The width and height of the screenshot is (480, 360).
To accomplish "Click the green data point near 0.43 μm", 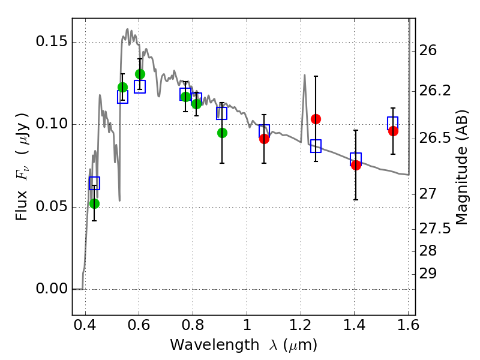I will click(94, 203).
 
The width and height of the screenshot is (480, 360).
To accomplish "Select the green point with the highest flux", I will click(140, 74).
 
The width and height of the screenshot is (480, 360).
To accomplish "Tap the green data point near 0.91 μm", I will click(222, 133).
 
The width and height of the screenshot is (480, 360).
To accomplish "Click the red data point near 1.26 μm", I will click(316, 119).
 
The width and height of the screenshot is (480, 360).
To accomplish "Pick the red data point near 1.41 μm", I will click(356, 165).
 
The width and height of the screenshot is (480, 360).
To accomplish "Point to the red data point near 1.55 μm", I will click(393, 131).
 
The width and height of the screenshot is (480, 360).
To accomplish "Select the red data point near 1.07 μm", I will click(264, 139).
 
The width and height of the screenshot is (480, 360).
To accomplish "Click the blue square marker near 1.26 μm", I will click(316, 146).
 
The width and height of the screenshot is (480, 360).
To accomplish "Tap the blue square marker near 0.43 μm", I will click(94, 183).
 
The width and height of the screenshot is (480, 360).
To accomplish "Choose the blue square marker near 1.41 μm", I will click(356, 159).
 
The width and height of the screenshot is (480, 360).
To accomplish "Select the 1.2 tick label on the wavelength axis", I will click(301, 328).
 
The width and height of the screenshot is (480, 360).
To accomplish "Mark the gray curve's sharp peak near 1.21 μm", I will click(305, 75).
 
